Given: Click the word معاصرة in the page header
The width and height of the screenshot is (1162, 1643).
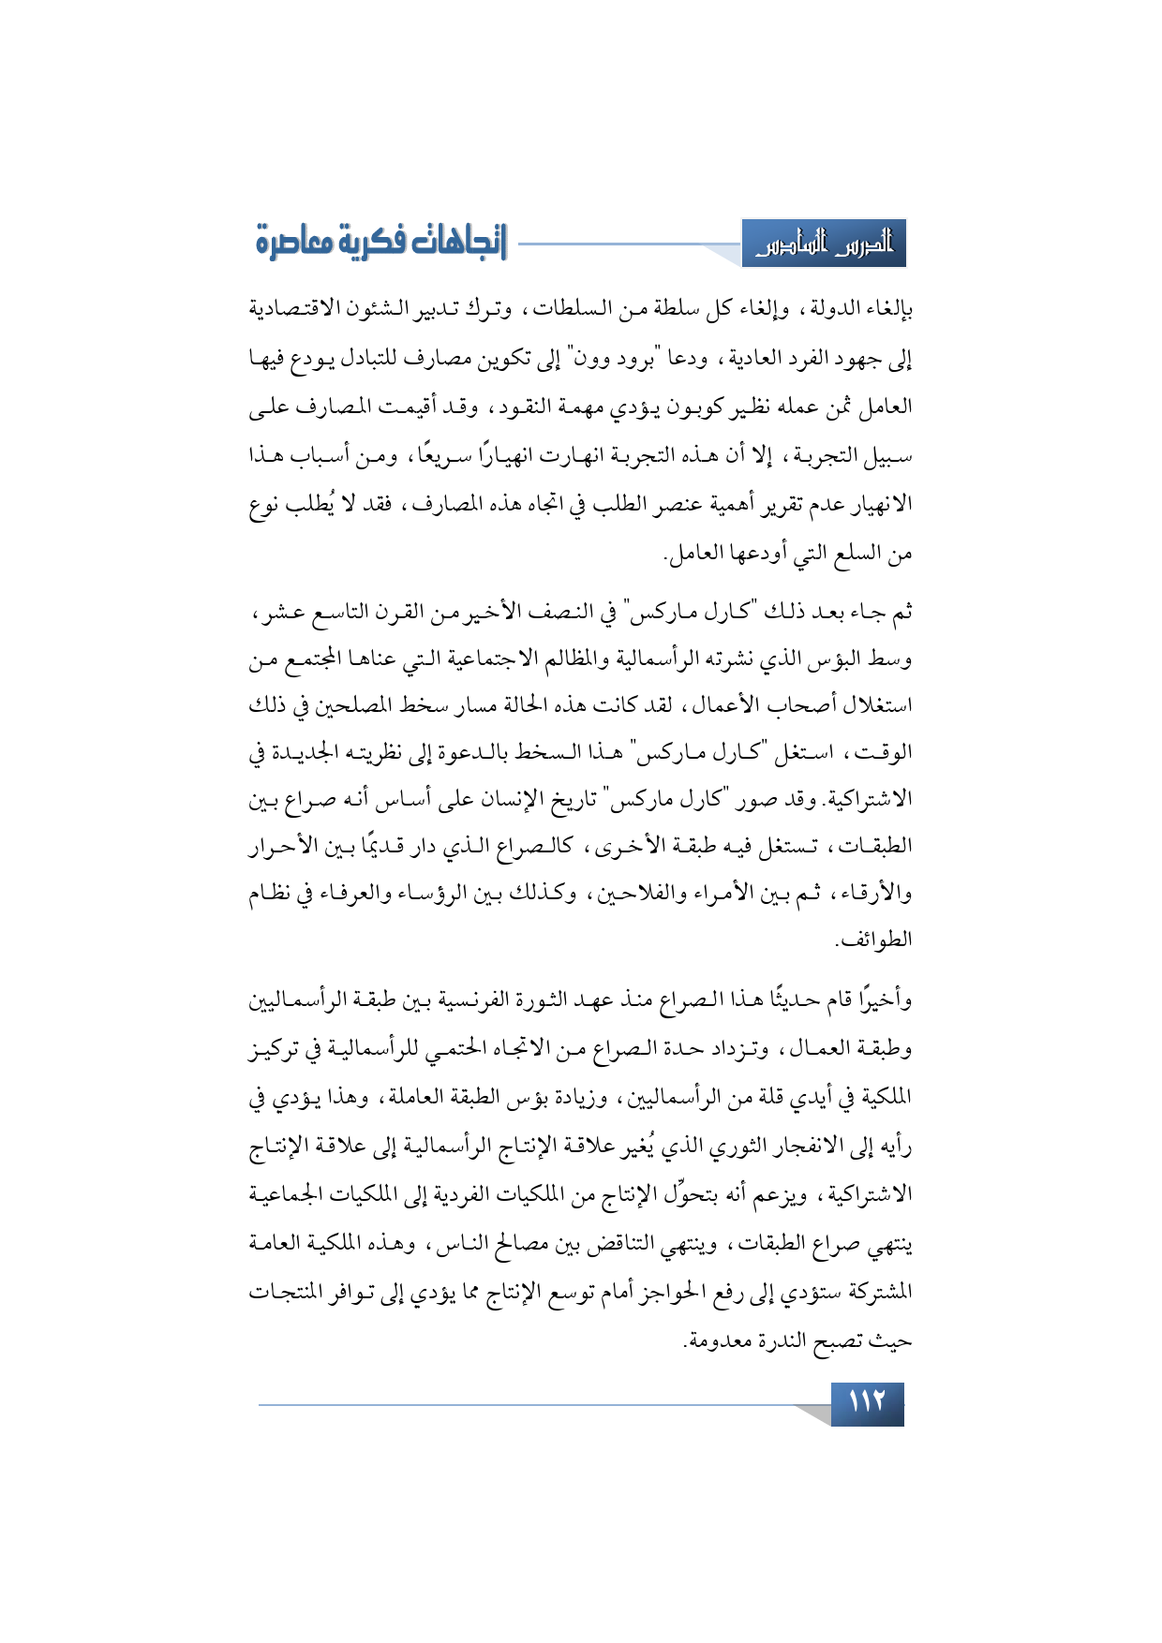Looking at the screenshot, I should (x=294, y=242).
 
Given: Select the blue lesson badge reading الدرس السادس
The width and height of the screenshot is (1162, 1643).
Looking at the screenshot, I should (x=824, y=244).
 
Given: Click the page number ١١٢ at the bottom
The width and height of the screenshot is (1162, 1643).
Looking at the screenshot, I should (x=867, y=1402).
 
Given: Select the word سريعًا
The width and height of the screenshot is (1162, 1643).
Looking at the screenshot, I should (x=440, y=456).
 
